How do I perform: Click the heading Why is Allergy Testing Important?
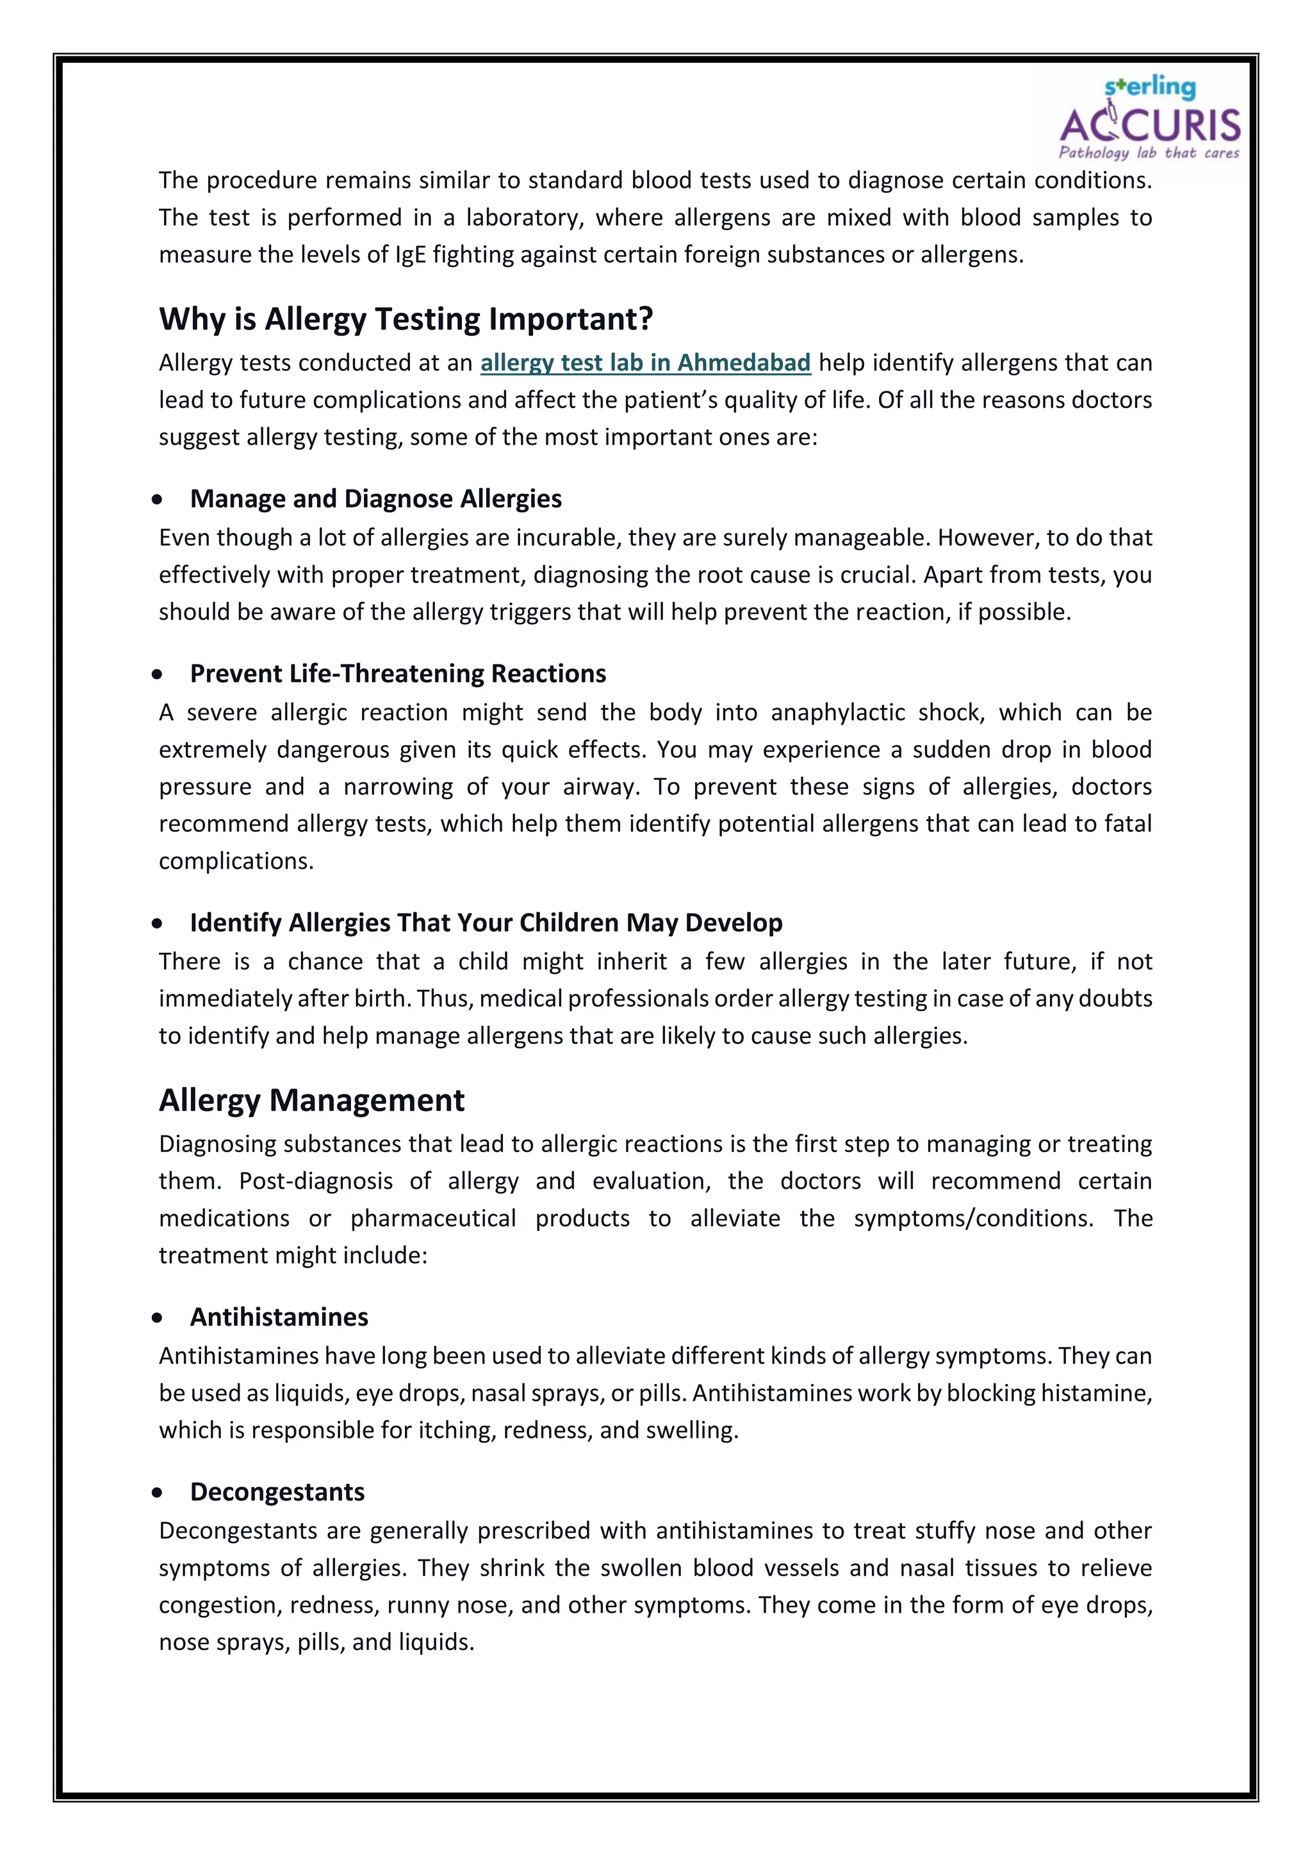point(406,319)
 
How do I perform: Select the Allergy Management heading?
point(311,1100)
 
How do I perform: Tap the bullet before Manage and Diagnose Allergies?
point(157,500)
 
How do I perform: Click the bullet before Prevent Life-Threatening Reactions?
point(157,675)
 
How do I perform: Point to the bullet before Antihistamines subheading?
point(157,1318)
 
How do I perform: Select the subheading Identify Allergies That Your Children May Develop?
point(486,923)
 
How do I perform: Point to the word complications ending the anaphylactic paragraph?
point(235,861)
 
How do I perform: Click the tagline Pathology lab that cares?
point(1148,153)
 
